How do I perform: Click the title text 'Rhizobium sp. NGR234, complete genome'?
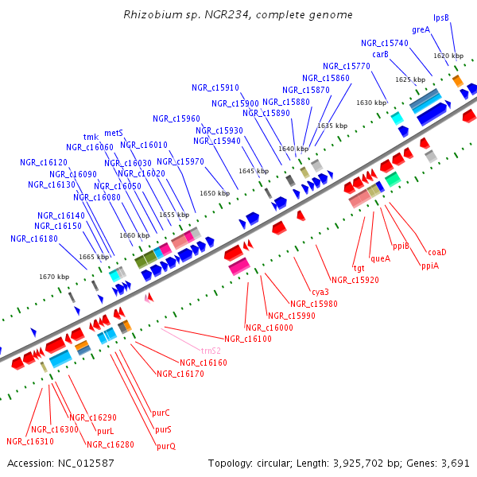[x=238, y=15]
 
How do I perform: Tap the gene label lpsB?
[x=441, y=17]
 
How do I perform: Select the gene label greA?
[x=421, y=29]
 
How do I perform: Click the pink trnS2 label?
[x=211, y=350]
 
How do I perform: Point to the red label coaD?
[x=437, y=252]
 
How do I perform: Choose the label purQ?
[x=166, y=446]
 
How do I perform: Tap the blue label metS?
[x=114, y=133]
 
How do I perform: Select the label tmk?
[x=91, y=137]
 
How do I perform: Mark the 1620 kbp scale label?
[x=448, y=56]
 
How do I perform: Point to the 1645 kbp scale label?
[x=254, y=171]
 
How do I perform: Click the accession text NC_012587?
[x=60, y=463]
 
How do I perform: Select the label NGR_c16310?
[x=30, y=441]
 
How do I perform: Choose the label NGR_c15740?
[x=384, y=43]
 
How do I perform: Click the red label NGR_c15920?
[x=355, y=280]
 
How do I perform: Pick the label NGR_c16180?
[x=34, y=238]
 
